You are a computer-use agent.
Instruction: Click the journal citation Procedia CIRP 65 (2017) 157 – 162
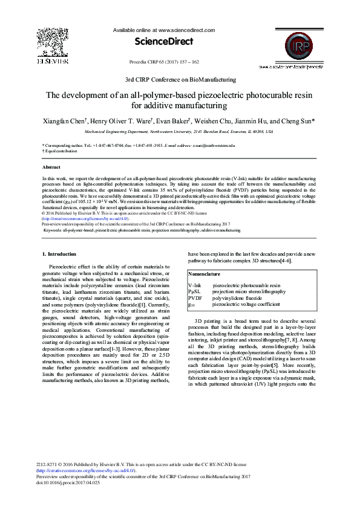pyautogui.click(x=164, y=62)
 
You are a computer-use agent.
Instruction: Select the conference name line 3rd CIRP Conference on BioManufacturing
pyautogui.click(x=180, y=79)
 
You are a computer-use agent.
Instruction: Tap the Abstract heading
pyautogui.click(x=51, y=166)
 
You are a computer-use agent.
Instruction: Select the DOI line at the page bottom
pyautogui.click(x=68, y=483)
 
